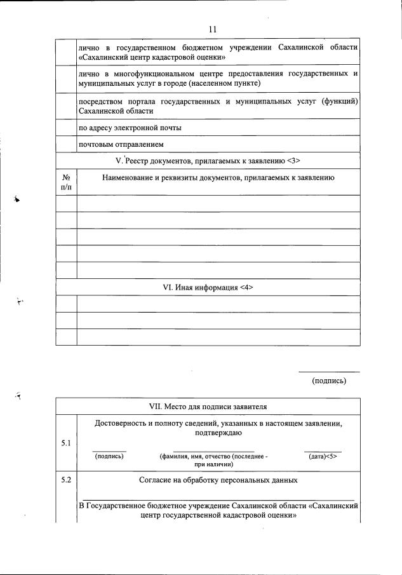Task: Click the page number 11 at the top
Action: (x=213, y=29)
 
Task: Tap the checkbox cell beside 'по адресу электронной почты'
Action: (x=66, y=128)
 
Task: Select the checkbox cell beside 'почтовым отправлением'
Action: (x=66, y=144)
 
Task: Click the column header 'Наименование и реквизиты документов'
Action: (x=218, y=178)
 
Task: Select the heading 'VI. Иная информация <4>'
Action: (x=208, y=287)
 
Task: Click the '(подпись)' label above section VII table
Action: (x=329, y=381)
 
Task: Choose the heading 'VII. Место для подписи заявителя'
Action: (x=208, y=406)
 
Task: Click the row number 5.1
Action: (x=66, y=442)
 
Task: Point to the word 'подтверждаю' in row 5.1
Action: (x=218, y=433)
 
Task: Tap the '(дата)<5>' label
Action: (x=323, y=456)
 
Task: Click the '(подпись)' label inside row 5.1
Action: (x=109, y=456)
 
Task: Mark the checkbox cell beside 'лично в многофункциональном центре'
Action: (x=66, y=79)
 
